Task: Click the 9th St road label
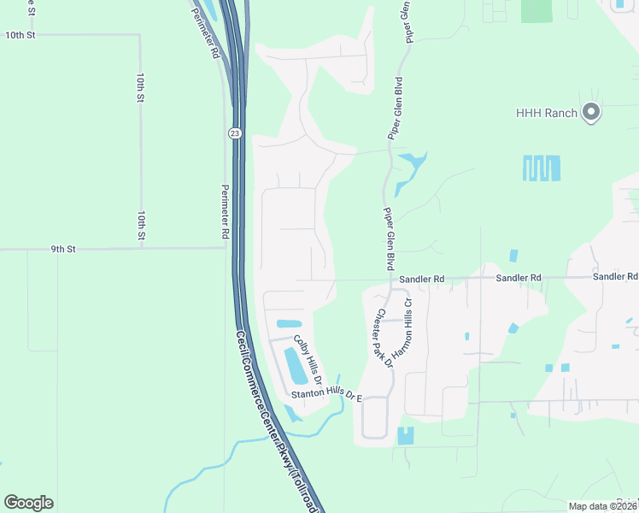click(x=63, y=249)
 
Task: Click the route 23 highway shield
click(x=235, y=133)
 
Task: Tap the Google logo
click(x=28, y=503)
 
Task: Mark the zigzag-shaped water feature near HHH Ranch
click(x=542, y=168)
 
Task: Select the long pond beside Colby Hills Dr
click(x=294, y=367)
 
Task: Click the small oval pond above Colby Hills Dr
click(x=289, y=324)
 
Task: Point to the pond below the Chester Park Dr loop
click(x=405, y=435)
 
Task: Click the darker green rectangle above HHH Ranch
click(x=537, y=10)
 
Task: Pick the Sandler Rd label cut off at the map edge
click(x=615, y=277)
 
